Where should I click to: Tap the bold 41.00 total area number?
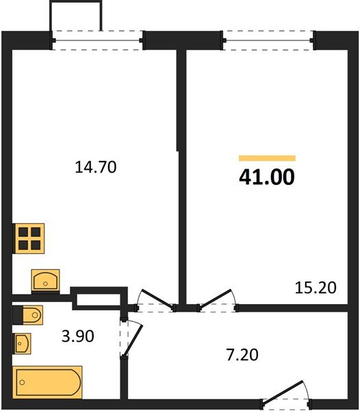point(266,177)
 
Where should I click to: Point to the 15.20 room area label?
point(316,288)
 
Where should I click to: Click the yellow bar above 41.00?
point(266,158)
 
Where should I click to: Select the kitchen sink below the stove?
point(45,279)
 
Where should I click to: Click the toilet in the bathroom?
point(29,314)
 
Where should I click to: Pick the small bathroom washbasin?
point(23,342)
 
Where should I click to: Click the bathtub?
point(48,381)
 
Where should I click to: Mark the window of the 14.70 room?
point(98,40)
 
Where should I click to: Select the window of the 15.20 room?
point(270,40)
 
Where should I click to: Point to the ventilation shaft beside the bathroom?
point(98,299)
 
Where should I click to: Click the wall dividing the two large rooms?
point(182,171)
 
